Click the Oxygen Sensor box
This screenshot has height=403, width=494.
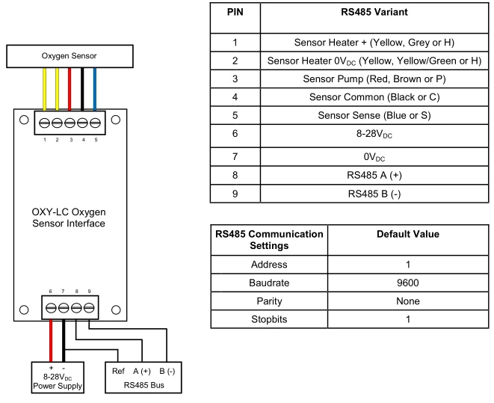pyautogui.click(x=70, y=56)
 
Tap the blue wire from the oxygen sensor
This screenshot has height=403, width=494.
pyautogui.click(x=94, y=89)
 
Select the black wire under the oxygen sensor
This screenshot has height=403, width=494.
pyautogui.click(x=82, y=89)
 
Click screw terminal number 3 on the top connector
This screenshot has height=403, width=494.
pyautogui.click(x=70, y=123)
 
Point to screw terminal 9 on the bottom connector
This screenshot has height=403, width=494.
pyautogui.click(x=89, y=307)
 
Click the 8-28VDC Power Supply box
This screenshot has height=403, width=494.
pyautogui.click(x=58, y=378)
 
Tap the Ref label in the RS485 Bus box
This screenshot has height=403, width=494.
pyautogui.click(x=118, y=371)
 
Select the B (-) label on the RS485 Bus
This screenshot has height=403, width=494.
pyautogui.click(x=167, y=372)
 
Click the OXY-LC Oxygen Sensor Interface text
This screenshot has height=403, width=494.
pyautogui.click(x=69, y=218)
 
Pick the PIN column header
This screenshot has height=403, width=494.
pyautogui.click(x=235, y=12)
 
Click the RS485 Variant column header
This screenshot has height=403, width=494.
pyautogui.click(x=374, y=12)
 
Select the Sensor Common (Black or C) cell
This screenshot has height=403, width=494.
pyautogui.click(x=374, y=97)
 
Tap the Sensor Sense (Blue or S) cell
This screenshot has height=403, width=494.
pyautogui.click(x=374, y=115)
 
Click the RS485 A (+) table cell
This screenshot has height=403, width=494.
pyautogui.click(x=374, y=175)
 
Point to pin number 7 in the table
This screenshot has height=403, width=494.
pyautogui.click(x=235, y=156)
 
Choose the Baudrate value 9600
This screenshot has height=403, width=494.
pyautogui.click(x=408, y=283)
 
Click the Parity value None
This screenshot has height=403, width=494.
pyautogui.click(x=408, y=301)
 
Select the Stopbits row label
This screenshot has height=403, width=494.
pyautogui.click(x=269, y=319)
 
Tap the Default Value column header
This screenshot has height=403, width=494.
pyautogui.click(x=408, y=234)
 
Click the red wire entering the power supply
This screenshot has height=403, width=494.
pyautogui.click(x=51, y=341)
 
